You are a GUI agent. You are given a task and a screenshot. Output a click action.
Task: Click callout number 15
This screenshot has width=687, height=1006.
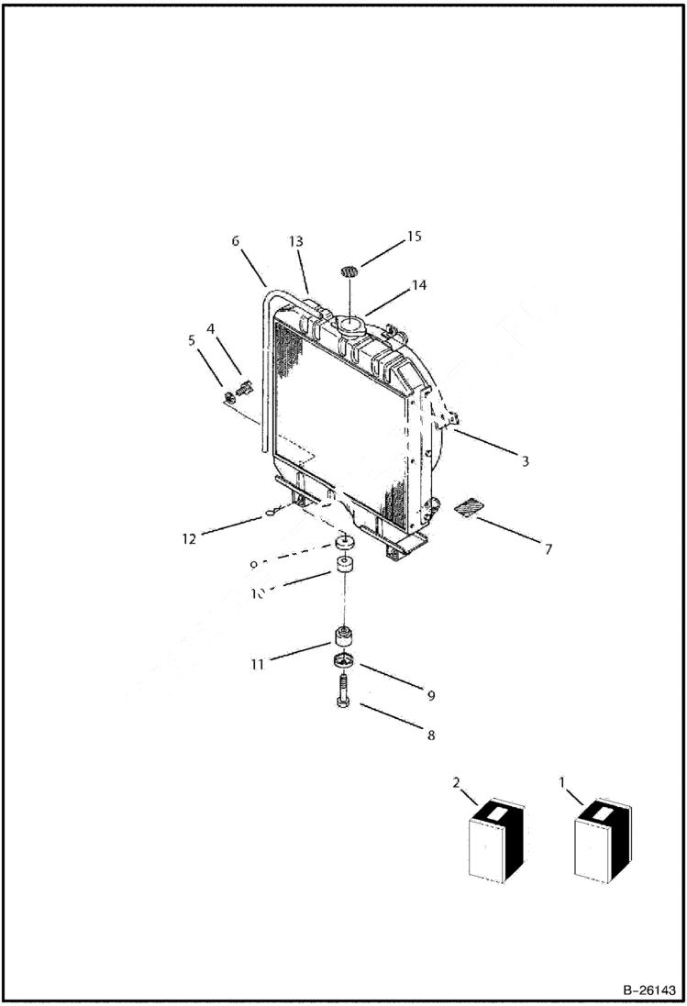click(413, 237)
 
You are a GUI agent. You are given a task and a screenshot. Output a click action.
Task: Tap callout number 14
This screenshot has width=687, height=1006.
click(418, 285)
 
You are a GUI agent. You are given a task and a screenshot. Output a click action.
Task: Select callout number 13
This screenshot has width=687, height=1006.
click(295, 241)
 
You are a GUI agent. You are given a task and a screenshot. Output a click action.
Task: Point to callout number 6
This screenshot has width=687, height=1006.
click(235, 241)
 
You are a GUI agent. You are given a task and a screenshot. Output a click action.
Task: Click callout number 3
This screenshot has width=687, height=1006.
click(525, 461)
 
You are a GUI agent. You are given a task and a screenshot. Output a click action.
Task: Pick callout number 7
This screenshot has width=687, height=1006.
click(548, 549)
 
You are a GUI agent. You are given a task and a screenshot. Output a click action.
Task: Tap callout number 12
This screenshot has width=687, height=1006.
click(189, 539)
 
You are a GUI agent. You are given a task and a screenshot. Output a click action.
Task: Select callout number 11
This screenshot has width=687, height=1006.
click(260, 664)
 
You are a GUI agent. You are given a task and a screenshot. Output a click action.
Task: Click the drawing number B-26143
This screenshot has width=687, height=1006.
click(648, 990)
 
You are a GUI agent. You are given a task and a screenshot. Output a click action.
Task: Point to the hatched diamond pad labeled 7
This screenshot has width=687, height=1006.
click(469, 507)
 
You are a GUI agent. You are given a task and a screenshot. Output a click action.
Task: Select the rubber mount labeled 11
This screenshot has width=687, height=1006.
click(342, 636)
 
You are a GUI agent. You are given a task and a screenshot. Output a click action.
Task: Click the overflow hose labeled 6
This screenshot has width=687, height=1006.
click(264, 367)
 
